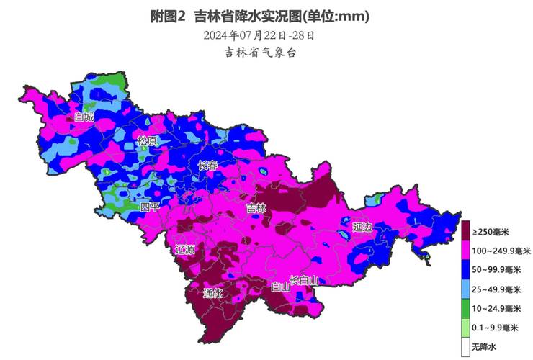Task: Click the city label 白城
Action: (84, 117)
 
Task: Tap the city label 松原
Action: (147, 141)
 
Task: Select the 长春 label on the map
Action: (207, 166)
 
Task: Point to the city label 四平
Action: (150, 207)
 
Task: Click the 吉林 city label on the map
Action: (256, 209)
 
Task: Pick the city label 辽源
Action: (185, 250)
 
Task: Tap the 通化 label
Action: (213, 293)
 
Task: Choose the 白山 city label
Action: (280, 287)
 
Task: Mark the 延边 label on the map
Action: (363, 227)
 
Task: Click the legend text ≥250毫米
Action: (495, 232)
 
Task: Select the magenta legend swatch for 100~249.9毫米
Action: (466, 251)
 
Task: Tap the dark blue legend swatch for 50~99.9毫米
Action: (466, 271)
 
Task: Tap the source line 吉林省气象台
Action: (260, 53)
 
